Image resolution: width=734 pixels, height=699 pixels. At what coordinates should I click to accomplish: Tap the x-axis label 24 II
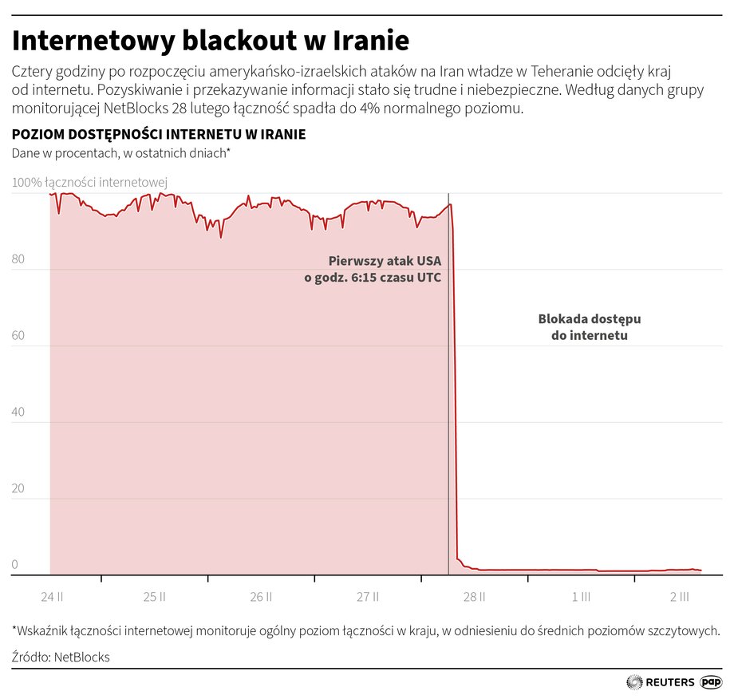point(53,596)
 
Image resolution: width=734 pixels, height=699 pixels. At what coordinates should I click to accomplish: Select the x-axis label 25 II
point(155,596)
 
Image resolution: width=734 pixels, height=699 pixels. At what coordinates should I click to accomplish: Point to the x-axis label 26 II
point(261,596)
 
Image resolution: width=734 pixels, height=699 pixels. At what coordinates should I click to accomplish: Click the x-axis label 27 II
point(368,596)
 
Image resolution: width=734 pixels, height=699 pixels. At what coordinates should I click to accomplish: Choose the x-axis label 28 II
point(474,596)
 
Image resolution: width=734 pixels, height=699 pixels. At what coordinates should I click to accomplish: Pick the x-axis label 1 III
point(581,596)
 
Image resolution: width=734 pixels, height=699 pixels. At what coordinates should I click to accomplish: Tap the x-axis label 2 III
point(680,596)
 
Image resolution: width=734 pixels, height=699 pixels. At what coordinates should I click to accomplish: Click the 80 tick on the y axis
point(18,259)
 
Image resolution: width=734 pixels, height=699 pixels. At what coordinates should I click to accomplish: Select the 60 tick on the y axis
point(18,336)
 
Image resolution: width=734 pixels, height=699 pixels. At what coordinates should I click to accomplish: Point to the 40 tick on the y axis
point(18,413)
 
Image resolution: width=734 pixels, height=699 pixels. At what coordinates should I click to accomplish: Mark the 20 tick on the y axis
point(18,489)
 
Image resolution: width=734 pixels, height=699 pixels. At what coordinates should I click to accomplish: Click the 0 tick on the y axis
point(14,565)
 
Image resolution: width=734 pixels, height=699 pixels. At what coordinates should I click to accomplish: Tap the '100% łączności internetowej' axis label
point(89,183)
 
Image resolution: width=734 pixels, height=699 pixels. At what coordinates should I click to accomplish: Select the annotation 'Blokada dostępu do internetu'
point(590,327)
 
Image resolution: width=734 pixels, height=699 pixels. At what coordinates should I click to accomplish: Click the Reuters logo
point(661,682)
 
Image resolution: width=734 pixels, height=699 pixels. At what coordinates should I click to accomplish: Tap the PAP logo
point(711,682)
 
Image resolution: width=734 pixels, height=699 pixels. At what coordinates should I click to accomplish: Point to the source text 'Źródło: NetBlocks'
point(61,657)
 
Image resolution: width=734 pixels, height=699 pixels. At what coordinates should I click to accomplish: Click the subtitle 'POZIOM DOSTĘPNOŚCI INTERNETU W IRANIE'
point(159,135)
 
